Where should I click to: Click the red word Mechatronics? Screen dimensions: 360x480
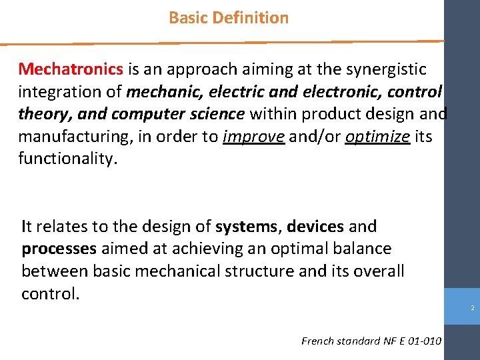tap(71, 69)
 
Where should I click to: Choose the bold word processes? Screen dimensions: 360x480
tap(59, 249)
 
